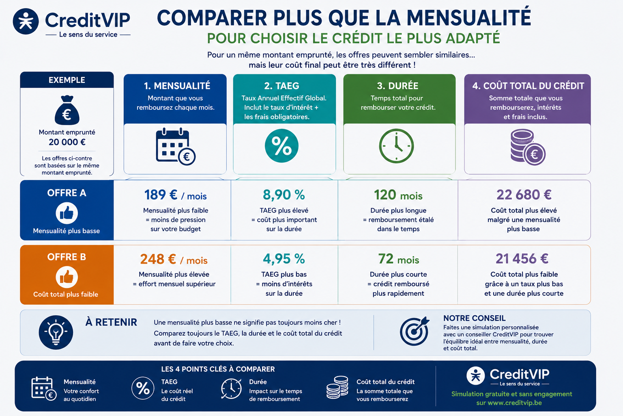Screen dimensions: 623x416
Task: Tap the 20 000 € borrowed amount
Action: coord(67,142)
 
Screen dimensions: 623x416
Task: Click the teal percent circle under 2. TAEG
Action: coord(281,146)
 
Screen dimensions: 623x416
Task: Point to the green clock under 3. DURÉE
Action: coord(396,146)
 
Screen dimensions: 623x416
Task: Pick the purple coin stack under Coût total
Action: coord(528,147)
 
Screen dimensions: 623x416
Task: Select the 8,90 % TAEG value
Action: coord(284,195)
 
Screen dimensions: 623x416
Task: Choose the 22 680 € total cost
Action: coord(524,195)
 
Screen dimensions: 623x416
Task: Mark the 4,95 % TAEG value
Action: coord(284,259)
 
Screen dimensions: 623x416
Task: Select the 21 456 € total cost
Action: coord(522,259)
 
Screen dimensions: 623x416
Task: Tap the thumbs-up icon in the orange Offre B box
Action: coord(67,277)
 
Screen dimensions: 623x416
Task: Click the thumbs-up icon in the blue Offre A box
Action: coord(67,213)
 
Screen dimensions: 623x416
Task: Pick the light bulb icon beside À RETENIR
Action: coord(56,332)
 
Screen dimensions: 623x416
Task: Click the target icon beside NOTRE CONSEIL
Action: coord(414,331)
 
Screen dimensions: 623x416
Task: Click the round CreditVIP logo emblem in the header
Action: coord(26,22)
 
